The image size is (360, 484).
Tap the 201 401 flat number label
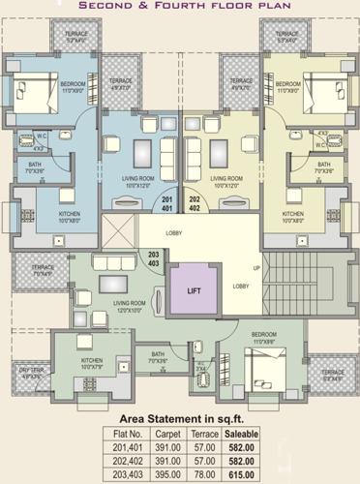pyautogui.click(x=167, y=204)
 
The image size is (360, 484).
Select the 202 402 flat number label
pyautogui.click(x=193, y=204)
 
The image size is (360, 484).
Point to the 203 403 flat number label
pyautogui.click(x=153, y=259)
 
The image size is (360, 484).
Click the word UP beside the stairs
pyautogui.click(x=256, y=267)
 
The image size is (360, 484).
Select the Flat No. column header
pyautogui.click(x=129, y=435)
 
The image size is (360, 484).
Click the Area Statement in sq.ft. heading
pyautogui.click(x=180, y=417)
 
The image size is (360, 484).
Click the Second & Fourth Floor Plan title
pyautogui.click(x=180, y=6)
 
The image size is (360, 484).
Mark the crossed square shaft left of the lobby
pyautogui.click(x=120, y=233)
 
